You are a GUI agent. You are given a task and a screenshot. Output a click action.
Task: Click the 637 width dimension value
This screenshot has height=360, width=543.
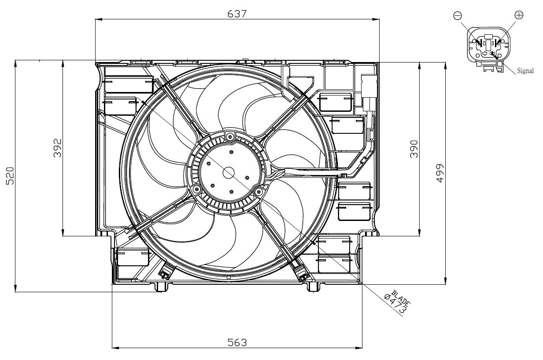(236, 13)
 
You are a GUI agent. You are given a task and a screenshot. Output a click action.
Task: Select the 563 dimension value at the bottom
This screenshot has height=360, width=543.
(237, 342)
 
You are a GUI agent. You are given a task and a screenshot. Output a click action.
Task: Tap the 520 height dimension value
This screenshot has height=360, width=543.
(11, 175)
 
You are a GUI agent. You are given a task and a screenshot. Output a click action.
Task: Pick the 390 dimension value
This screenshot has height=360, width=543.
(414, 149)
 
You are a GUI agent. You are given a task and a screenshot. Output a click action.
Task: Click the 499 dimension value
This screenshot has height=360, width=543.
(440, 173)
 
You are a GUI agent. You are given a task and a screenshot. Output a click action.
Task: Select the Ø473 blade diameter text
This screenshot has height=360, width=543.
(395, 304)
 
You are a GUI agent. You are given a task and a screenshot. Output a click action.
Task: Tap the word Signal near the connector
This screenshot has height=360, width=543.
(525, 70)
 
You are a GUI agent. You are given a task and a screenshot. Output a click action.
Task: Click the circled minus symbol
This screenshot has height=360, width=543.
(458, 16)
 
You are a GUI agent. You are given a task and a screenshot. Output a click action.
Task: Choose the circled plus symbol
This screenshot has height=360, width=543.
(519, 15)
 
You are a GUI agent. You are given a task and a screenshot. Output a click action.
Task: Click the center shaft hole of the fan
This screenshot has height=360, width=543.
(229, 173)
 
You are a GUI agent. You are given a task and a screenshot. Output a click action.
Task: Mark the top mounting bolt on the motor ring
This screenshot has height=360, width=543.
(229, 138)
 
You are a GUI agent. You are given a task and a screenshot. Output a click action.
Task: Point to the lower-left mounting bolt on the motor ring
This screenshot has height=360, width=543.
(196, 189)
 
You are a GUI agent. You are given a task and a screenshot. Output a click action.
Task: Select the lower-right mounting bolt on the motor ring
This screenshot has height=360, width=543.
(259, 191)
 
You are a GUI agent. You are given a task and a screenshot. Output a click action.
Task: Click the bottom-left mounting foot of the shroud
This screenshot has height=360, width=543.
(162, 287)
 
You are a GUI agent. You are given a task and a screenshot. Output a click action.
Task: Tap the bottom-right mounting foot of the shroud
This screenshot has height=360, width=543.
(313, 287)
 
